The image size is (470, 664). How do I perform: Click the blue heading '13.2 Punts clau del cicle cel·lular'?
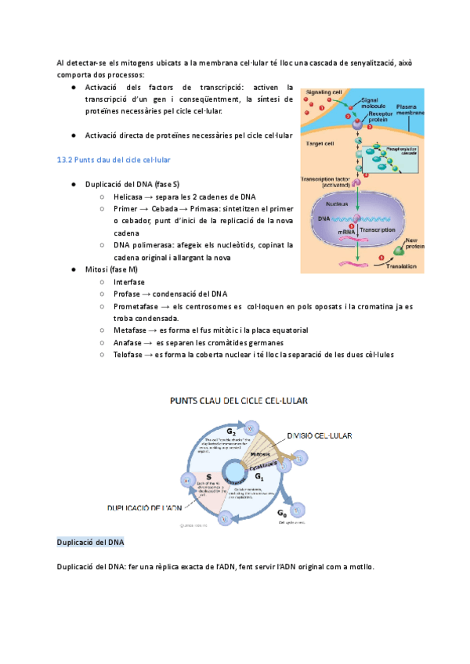tap(114, 160)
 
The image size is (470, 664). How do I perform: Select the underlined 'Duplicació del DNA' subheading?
tap(90, 542)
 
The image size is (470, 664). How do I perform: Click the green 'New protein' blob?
tap(399, 251)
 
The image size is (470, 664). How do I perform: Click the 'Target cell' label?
tap(320, 143)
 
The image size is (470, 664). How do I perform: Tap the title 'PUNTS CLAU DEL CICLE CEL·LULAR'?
tap(240, 399)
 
